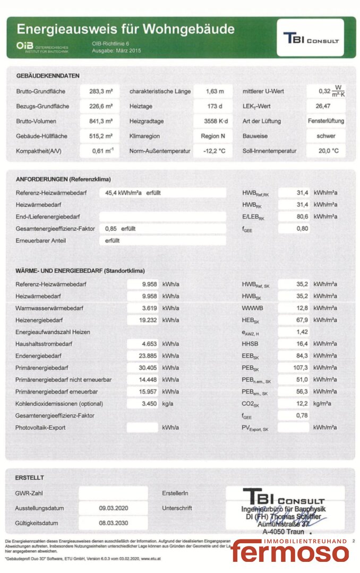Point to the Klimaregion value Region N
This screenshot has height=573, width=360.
coord(213,136)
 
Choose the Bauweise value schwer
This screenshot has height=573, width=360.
coord(326,136)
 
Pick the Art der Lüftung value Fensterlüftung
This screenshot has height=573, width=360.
coord(325,121)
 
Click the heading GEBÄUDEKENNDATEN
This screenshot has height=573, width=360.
coord(48,75)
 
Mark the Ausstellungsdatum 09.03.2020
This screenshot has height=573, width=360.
coord(113,508)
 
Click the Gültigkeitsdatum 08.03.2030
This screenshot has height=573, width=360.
coord(113,523)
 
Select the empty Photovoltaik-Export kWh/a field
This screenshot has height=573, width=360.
coord(142,428)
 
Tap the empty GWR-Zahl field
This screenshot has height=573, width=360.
coord(113,493)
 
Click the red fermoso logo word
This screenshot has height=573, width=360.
coord(290,552)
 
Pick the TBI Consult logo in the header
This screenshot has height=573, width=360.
coord(311,38)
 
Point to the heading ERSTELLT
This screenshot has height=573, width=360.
coord(30,477)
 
